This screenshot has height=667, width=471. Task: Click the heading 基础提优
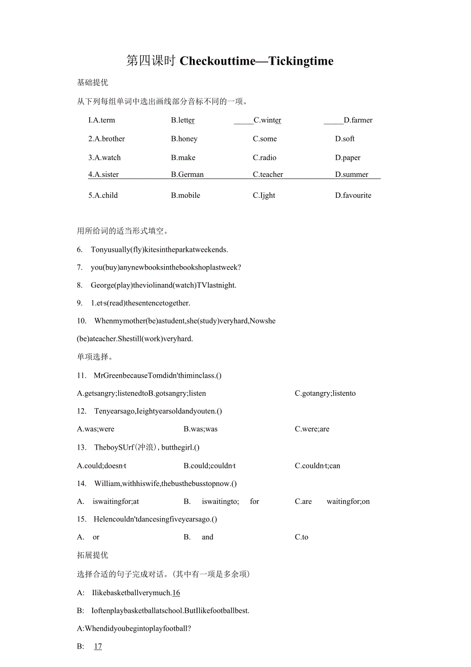coord(92,82)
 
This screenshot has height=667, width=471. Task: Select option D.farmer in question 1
coord(358,120)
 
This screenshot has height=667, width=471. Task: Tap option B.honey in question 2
coord(184,138)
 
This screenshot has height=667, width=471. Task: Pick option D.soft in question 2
coord(345,138)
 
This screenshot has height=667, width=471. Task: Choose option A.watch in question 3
coord(104,157)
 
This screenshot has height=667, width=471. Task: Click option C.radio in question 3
coord(265,157)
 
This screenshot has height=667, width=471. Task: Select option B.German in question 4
coord(187,174)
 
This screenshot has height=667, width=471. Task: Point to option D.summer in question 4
coord(352,174)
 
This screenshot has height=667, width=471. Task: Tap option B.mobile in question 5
coord(185,195)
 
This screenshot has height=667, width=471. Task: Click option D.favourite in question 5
coord(353,195)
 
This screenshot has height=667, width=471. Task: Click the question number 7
coord(79,267)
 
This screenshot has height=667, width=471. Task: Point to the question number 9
coord(79,303)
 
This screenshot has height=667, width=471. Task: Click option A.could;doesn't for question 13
coord(101,466)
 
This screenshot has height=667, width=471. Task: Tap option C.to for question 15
coord(302,537)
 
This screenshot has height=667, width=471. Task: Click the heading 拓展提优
coord(92,555)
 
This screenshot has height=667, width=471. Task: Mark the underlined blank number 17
coord(98,646)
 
